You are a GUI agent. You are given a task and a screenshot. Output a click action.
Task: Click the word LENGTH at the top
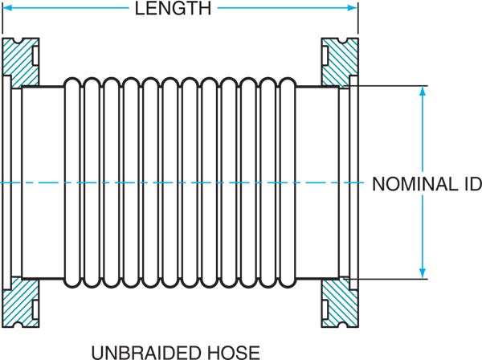click(174, 9)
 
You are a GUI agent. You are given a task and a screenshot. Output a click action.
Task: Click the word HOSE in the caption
click(232, 351)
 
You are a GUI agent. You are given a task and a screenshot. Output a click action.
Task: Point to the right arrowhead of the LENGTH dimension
click(353, 9)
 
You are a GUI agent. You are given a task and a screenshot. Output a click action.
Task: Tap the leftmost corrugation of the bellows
click(71, 183)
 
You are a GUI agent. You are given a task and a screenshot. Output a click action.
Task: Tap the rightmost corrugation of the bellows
click(288, 183)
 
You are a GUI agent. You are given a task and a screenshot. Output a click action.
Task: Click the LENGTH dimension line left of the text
click(64, 9)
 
